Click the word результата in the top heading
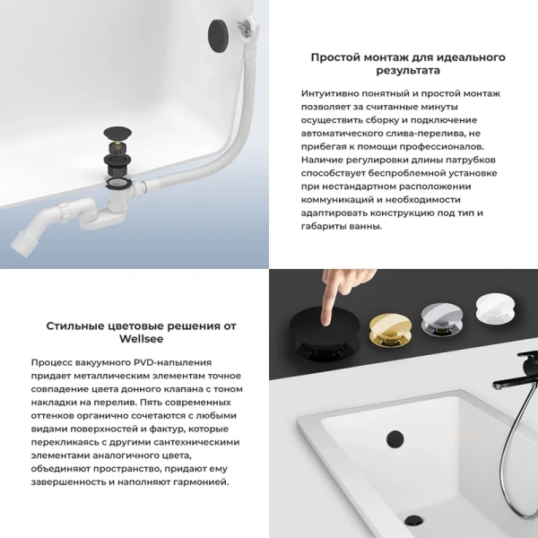407,70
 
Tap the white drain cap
498,315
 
